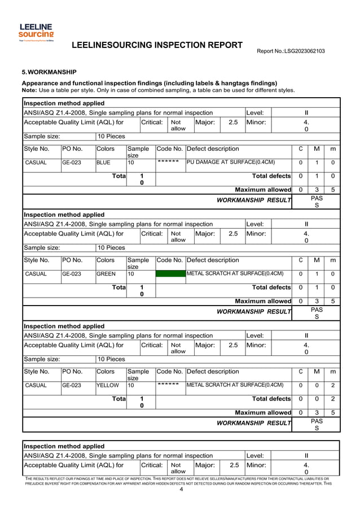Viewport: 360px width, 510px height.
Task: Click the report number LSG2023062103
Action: click(x=291, y=51)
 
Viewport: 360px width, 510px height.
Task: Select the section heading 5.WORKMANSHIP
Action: click(x=49, y=72)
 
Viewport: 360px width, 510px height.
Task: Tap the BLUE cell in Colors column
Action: click(x=104, y=163)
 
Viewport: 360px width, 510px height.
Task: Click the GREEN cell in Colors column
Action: click(x=106, y=274)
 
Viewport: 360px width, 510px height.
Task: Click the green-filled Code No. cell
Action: click(x=170, y=274)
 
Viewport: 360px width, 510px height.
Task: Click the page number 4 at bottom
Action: click(x=181, y=489)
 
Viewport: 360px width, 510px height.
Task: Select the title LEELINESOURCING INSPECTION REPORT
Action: click(x=157, y=45)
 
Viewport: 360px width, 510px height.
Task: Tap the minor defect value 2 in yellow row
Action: click(x=333, y=385)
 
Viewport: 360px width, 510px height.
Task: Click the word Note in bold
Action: click(x=29, y=90)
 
